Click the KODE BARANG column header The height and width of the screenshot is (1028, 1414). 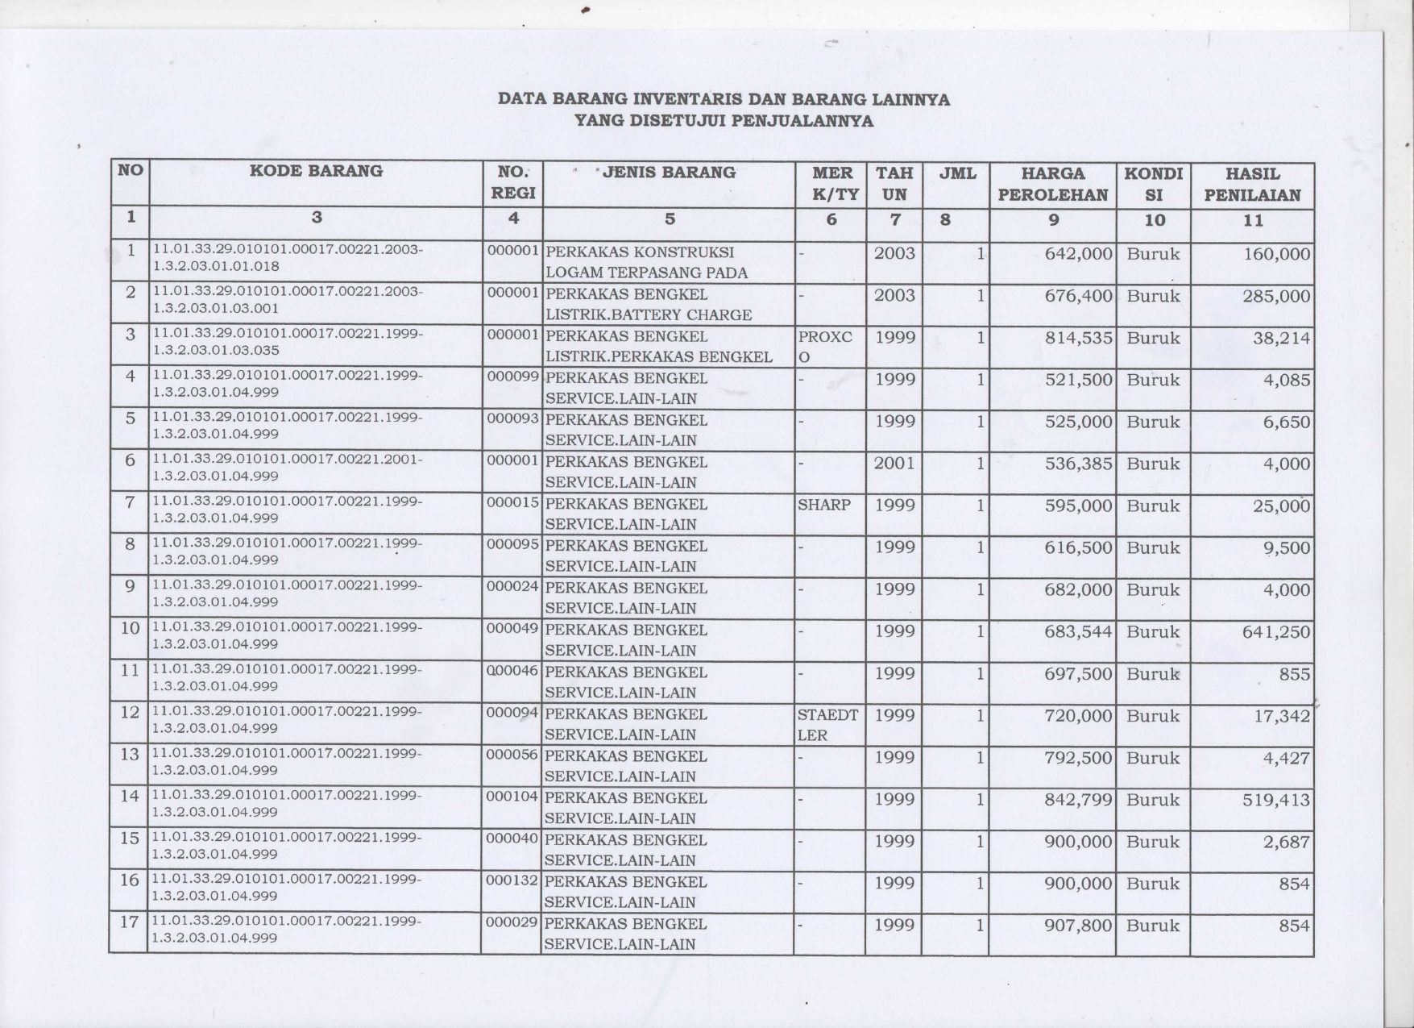[316, 171]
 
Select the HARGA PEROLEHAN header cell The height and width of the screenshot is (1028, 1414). [1052, 184]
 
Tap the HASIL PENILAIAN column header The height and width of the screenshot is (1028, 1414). [1252, 184]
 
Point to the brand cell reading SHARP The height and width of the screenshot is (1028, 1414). [823, 506]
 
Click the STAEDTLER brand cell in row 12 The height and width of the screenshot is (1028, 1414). [827, 724]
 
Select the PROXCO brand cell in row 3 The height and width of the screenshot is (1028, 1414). [825, 347]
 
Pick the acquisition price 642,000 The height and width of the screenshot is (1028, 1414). [1078, 254]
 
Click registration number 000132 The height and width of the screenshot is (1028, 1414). [512, 882]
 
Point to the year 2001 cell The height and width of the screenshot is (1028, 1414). [894, 464]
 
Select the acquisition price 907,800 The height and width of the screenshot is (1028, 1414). [1078, 926]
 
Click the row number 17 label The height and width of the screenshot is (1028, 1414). [129, 922]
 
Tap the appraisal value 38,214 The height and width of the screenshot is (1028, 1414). [1281, 338]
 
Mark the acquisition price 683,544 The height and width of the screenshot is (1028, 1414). [1078, 632]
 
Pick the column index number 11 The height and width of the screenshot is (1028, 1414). [1253, 220]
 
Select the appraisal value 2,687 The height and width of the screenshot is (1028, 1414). [1287, 842]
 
